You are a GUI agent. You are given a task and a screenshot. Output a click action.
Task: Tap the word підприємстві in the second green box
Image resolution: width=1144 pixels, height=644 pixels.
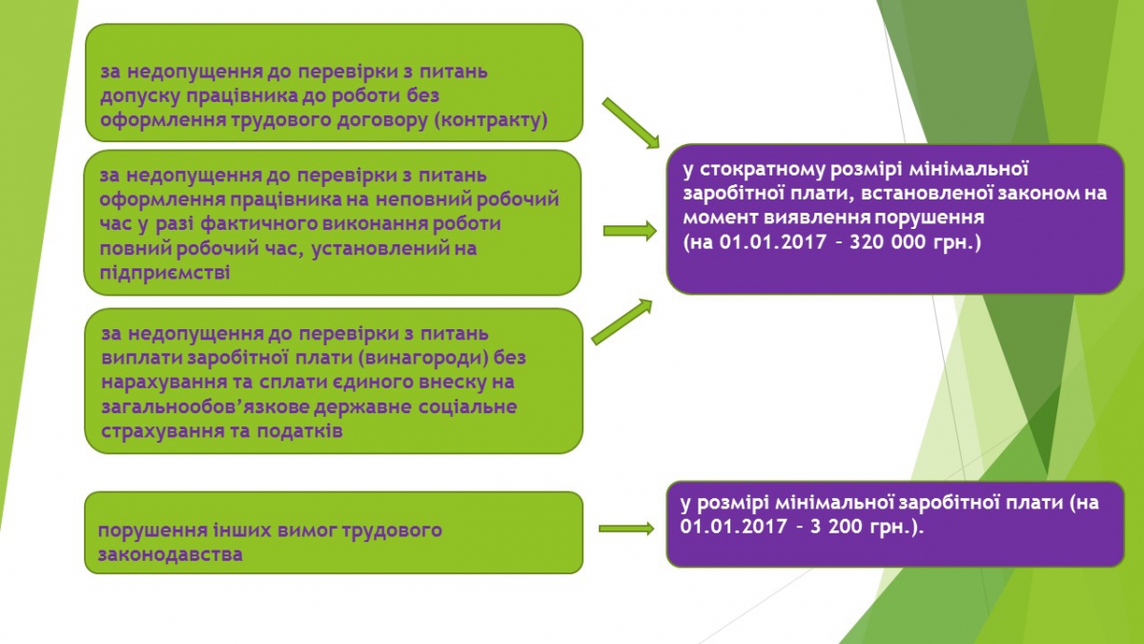(164, 273)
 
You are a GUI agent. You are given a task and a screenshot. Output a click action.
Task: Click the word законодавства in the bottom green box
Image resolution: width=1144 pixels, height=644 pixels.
(170, 554)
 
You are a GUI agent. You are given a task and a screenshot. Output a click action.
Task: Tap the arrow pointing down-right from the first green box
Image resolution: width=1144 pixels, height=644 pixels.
(631, 123)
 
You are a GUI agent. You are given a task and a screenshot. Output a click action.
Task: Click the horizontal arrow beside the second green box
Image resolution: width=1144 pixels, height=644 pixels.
(630, 231)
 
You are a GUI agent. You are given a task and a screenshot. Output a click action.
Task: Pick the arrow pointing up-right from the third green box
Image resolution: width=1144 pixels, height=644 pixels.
(622, 322)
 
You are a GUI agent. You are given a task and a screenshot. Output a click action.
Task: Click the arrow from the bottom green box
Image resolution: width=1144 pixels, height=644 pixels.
(626, 529)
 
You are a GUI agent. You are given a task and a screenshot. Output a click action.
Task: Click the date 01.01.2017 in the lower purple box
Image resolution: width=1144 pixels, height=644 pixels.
(733, 527)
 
